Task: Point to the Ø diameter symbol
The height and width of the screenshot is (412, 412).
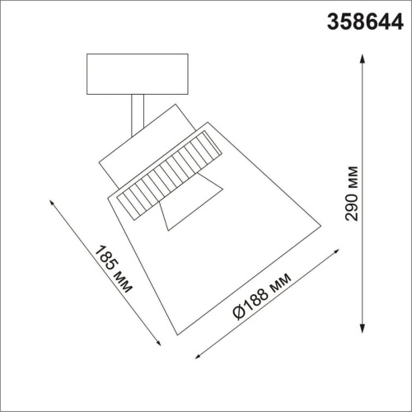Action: pos(236,314)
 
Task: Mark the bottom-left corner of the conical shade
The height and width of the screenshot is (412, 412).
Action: pos(176,333)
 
